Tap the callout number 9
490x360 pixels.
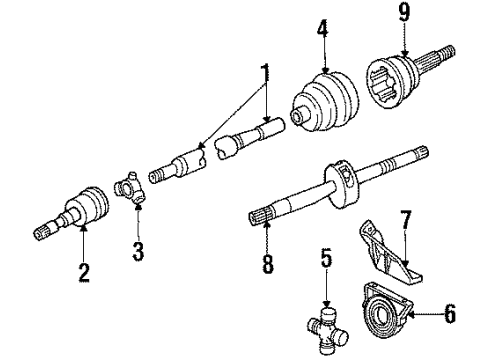[404, 14]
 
